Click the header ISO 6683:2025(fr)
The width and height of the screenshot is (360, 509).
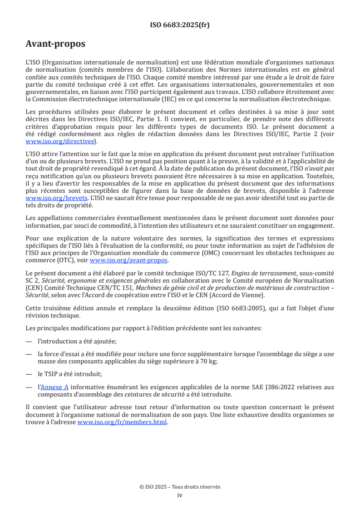click(x=180, y=25)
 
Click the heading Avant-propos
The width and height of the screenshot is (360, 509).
click(x=55, y=44)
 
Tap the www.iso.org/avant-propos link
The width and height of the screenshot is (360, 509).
click(x=128, y=260)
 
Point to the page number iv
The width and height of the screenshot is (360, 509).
click(x=180, y=495)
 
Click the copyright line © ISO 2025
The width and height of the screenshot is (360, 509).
click(x=180, y=487)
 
